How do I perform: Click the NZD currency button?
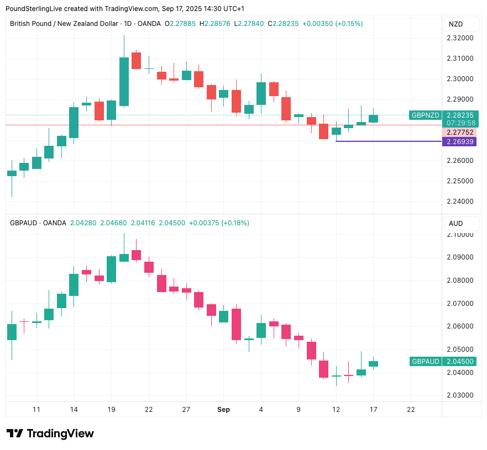click(455, 24)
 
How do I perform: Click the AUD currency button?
click(455, 224)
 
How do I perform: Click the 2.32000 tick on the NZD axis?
click(461, 38)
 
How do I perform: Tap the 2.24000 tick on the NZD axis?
click(461, 202)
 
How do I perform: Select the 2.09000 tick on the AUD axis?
click(461, 257)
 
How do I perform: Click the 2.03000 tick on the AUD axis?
click(461, 395)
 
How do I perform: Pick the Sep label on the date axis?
click(223, 410)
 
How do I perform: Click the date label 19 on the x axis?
click(111, 410)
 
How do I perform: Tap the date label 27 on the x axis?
click(186, 410)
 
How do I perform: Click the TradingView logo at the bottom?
click(50, 433)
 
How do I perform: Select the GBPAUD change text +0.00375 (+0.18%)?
click(219, 223)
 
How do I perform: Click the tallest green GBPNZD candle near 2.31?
click(124, 81)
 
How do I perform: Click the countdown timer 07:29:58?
click(461, 123)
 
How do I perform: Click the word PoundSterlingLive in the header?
click(31, 9)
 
